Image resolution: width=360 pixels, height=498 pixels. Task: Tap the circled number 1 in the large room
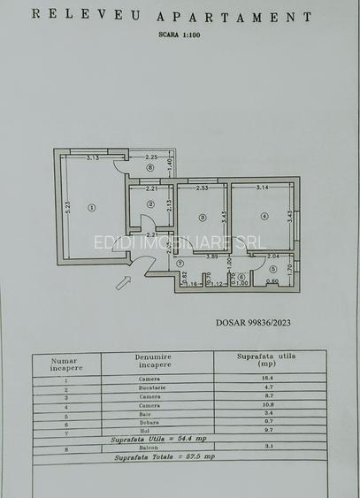point(91,208)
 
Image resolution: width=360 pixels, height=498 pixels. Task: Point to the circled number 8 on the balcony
point(150,167)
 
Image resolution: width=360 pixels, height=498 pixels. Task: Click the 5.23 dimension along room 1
point(67,203)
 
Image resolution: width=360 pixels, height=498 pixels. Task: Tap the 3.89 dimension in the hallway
point(212,257)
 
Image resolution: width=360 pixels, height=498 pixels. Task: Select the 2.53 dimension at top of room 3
point(202,188)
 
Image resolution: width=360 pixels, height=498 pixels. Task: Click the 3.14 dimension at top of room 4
point(262,188)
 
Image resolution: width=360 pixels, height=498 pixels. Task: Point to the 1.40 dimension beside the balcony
point(170,165)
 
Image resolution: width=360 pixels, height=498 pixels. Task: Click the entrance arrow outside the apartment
point(123,282)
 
